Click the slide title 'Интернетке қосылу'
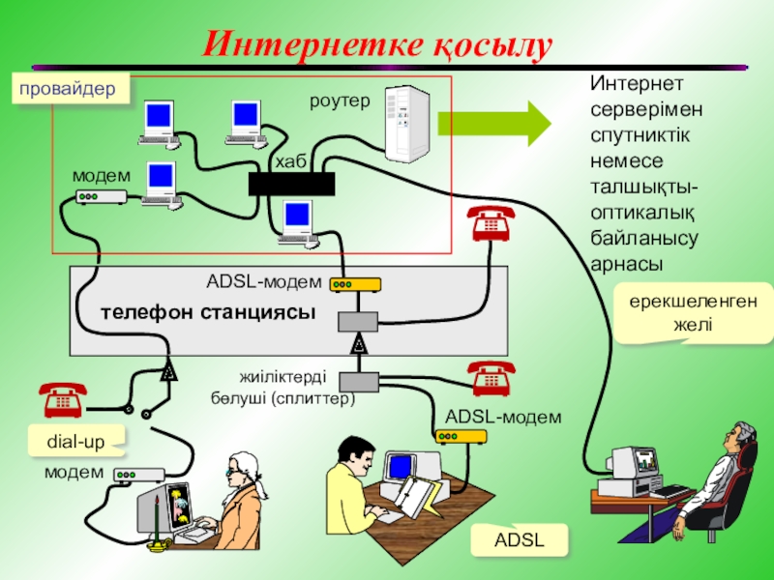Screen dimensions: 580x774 click(x=378, y=44)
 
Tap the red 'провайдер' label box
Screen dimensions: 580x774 click(x=69, y=89)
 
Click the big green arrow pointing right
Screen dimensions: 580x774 click(x=493, y=124)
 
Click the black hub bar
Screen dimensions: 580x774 click(x=291, y=184)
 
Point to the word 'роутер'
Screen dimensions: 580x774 click(x=339, y=101)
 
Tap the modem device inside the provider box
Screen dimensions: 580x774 click(x=101, y=196)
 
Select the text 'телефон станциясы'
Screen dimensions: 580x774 click(x=208, y=313)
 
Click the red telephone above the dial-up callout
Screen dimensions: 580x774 click(x=63, y=398)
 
